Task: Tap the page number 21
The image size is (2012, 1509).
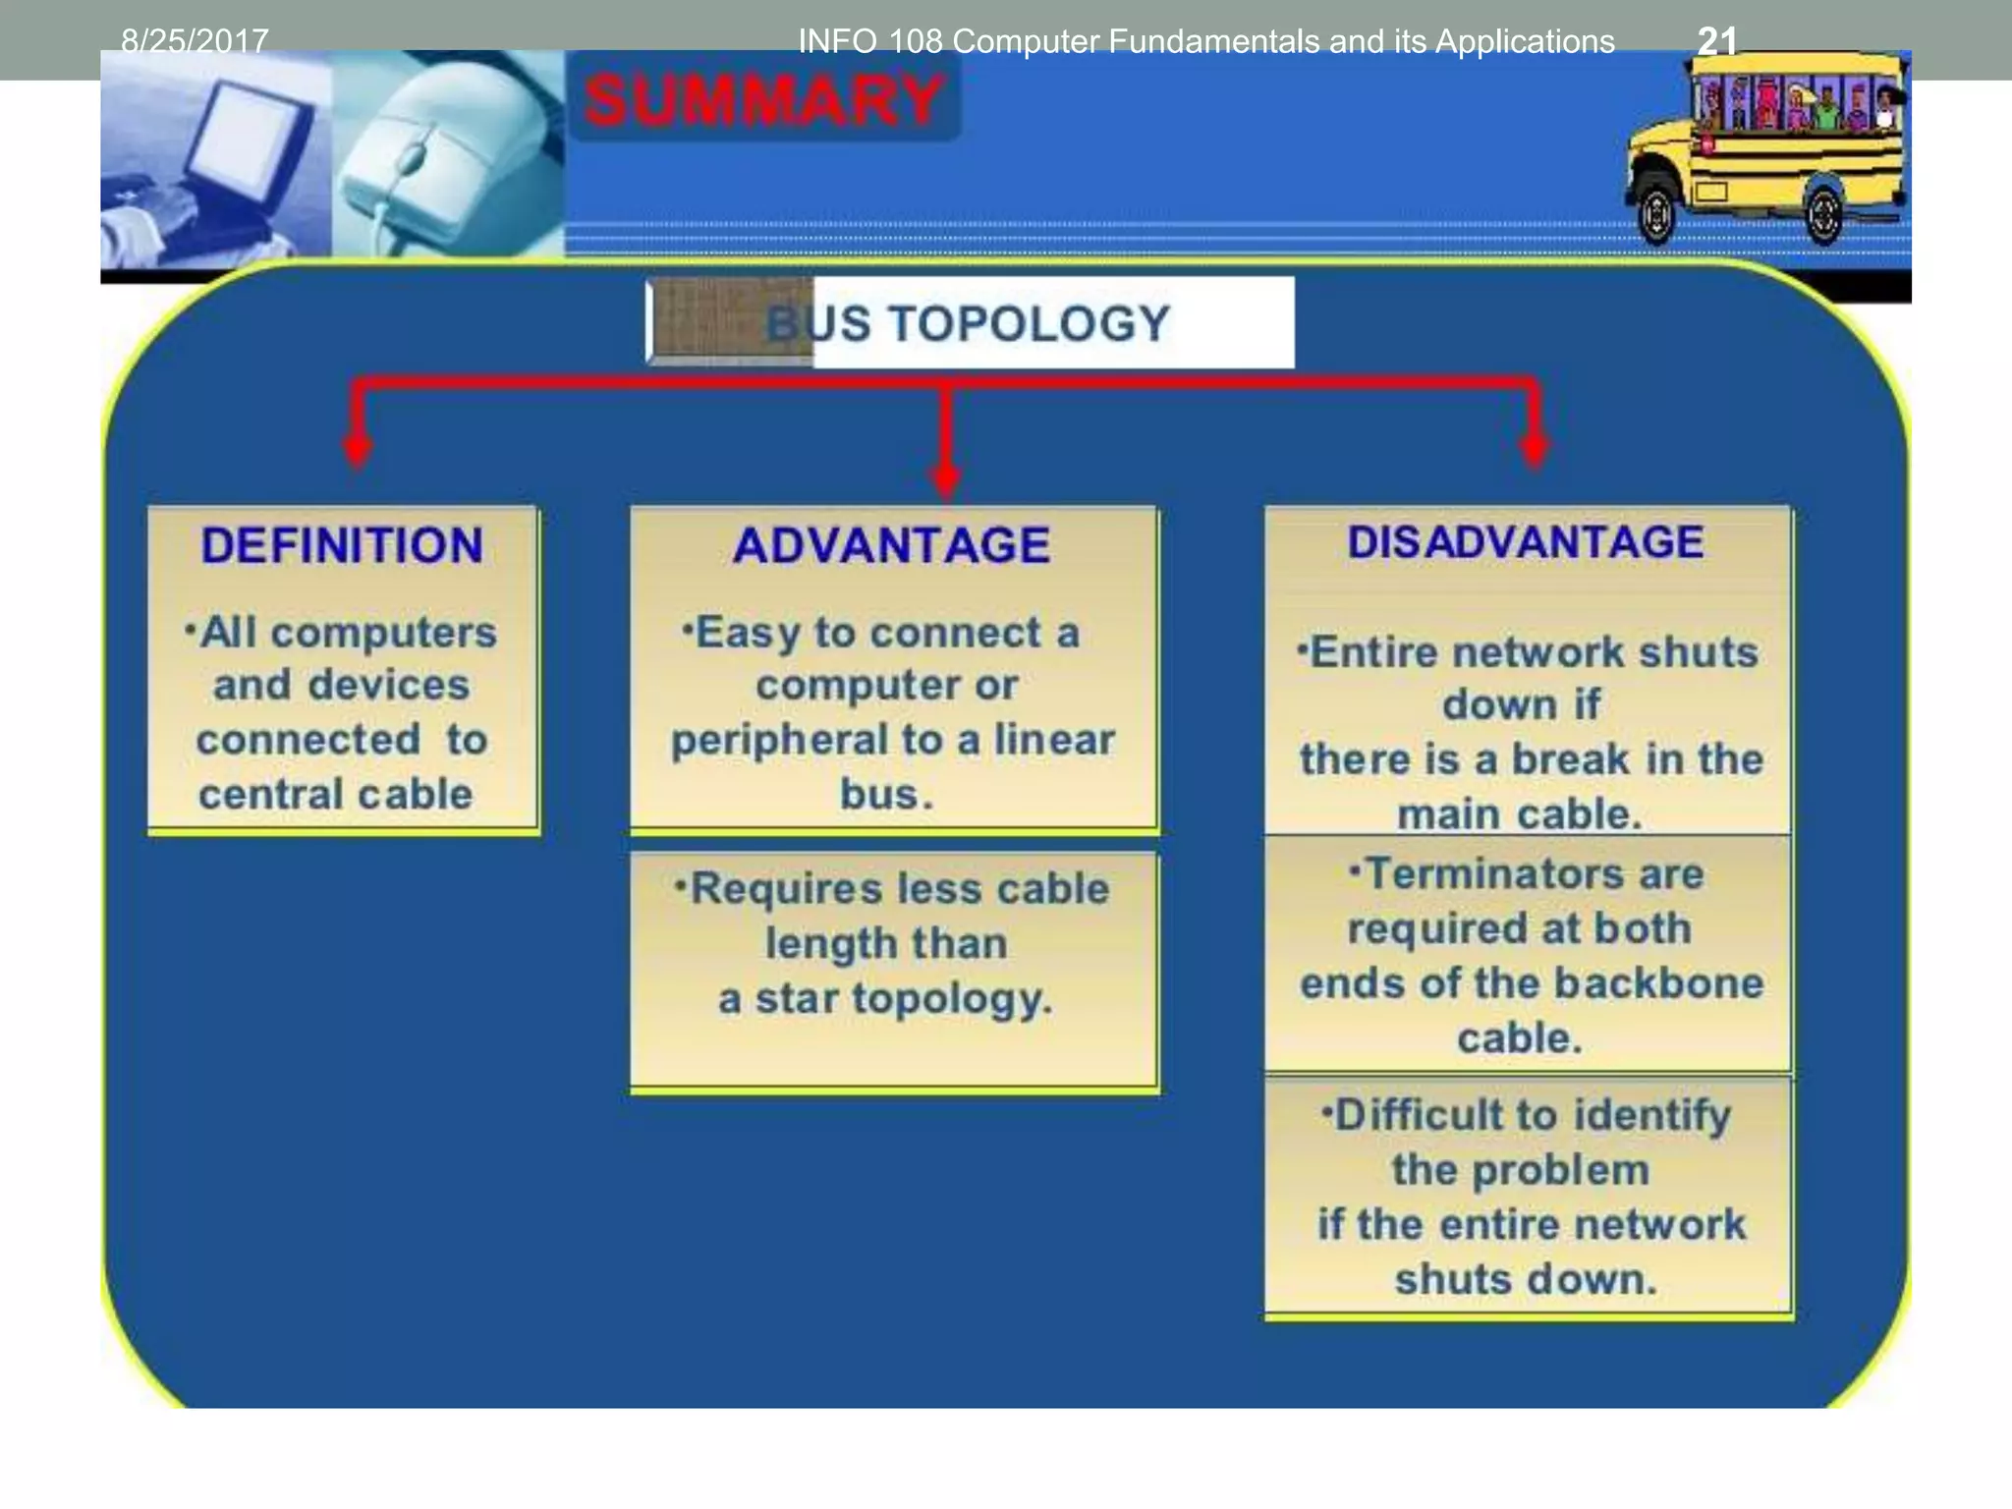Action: pyautogui.click(x=1716, y=41)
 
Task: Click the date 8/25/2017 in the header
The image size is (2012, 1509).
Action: pyautogui.click(x=195, y=41)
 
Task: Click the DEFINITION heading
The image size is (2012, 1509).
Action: pyautogui.click(x=342, y=545)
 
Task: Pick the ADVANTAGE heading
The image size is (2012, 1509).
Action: pyautogui.click(x=892, y=545)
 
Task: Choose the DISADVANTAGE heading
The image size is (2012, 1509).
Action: pyautogui.click(x=1526, y=542)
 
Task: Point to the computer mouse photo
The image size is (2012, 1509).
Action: pyautogui.click(x=432, y=157)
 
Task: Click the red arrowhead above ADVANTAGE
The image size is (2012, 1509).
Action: pyautogui.click(x=945, y=479)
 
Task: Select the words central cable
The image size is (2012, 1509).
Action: pyautogui.click(x=336, y=794)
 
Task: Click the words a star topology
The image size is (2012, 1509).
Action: pyautogui.click(x=886, y=998)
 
